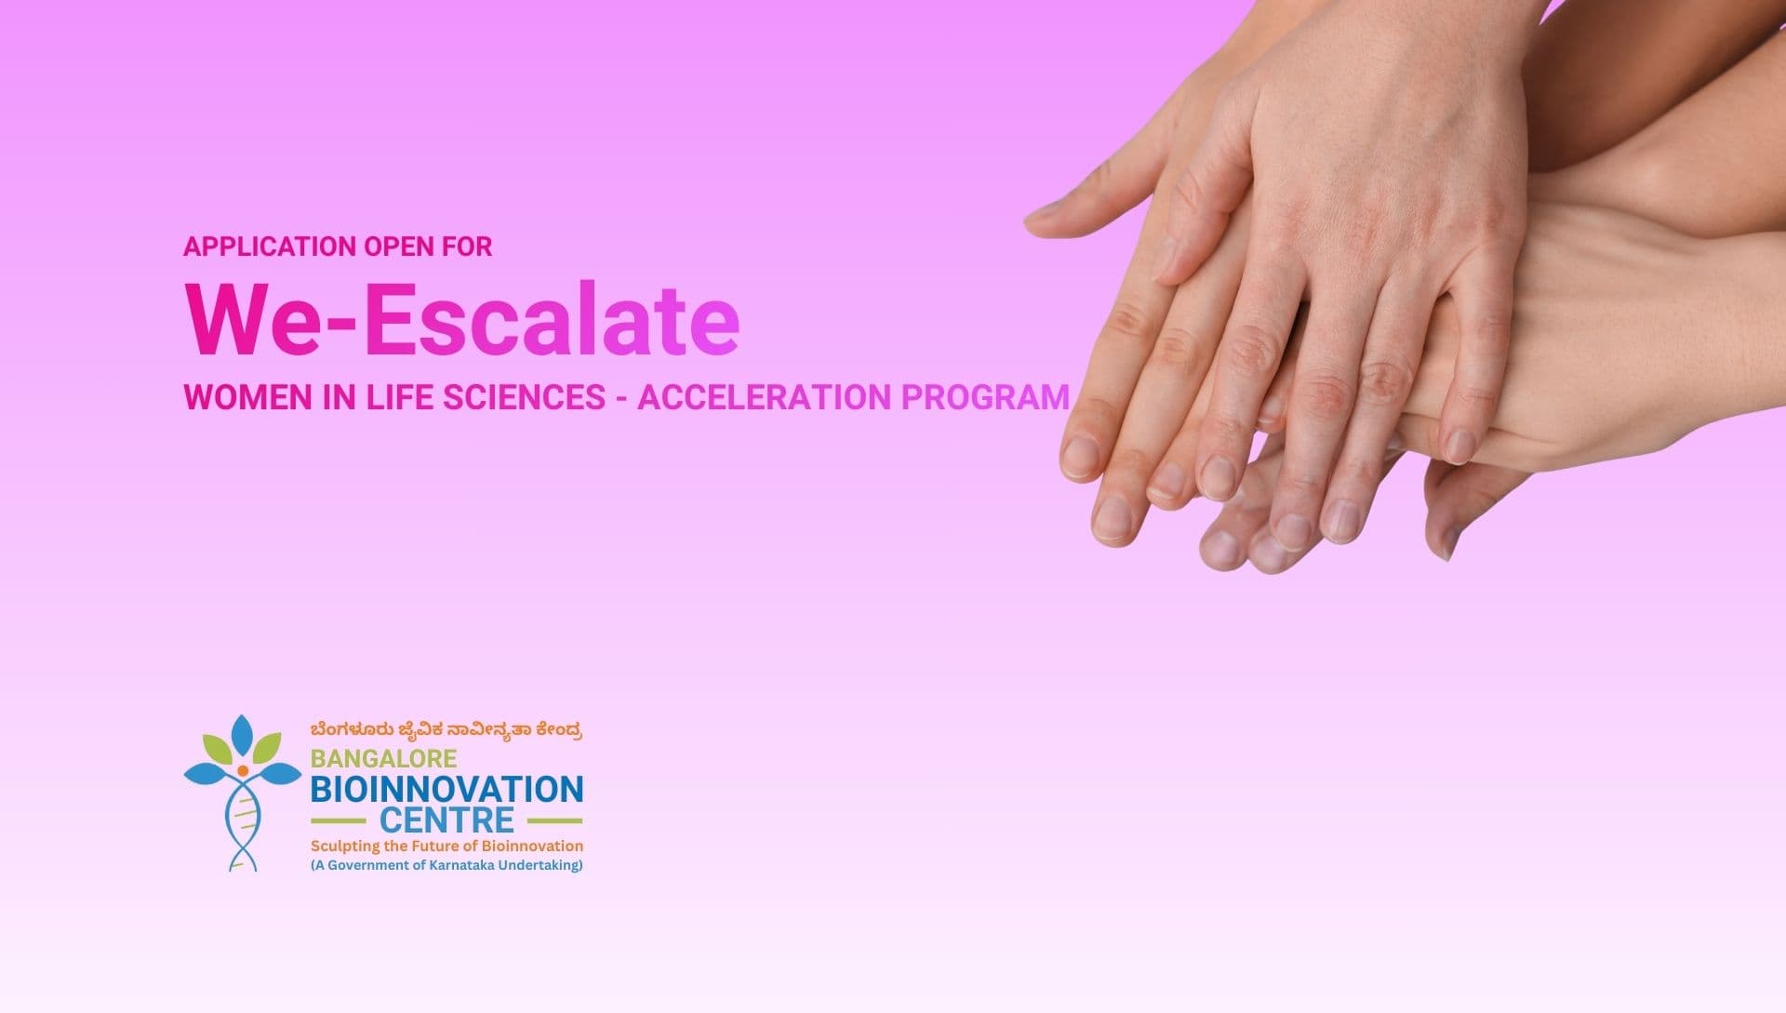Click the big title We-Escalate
pyautogui.click(x=462, y=319)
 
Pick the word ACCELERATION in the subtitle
pyautogui.click(x=764, y=397)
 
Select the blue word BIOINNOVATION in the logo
pyautogui.click(x=446, y=790)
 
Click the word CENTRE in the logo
pyautogui.click(x=446, y=820)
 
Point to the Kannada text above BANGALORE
pyautogui.click(x=446, y=730)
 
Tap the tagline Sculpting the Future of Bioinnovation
pyautogui.click(x=446, y=846)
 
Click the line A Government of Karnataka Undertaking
pyautogui.click(x=446, y=866)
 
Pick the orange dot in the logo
pyautogui.click(x=243, y=771)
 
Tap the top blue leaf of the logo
pyautogui.click(x=242, y=735)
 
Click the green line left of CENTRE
pyautogui.click(x=338, y=821)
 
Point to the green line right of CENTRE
pyautogui.click(x=554, y=821)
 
